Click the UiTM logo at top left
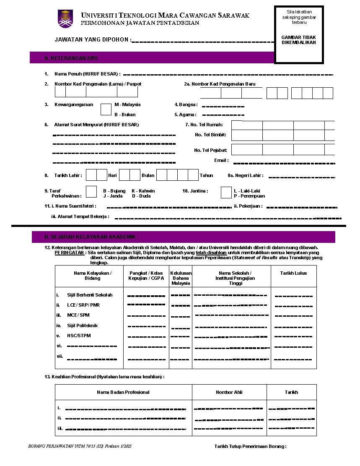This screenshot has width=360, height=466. tap(65, 19)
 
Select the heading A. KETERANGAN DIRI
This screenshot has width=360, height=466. tap(71, 58)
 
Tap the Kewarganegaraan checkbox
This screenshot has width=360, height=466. tap(106, 109)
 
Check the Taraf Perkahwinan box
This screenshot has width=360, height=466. tap(91, 192)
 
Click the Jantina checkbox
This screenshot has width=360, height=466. tap(226, 192)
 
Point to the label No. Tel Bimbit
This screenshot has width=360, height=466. tap(210, 135)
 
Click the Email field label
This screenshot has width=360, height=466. tap(221, 160)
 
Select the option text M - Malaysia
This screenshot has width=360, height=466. tap(127, 104)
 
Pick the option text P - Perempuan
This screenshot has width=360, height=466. tap(249, 196)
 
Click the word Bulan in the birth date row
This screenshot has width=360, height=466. tap(148, 175)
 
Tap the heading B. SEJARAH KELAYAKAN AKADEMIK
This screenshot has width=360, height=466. tap(91, 237)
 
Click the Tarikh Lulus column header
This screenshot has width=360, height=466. tap(293, 273)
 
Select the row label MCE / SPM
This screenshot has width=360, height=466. tap(78, 315)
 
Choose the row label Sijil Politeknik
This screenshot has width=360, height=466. tap(82, 325)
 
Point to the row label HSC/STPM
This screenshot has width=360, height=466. tap(79, 336)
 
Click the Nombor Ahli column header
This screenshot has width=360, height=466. tap(229, 392)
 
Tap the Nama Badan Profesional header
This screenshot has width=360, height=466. tap(123, 392)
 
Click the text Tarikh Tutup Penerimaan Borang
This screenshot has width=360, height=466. tap(250, 446)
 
